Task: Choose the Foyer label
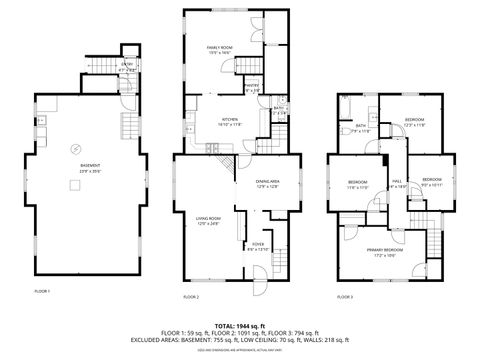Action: click(257, 245)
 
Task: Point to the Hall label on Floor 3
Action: click(396, 183)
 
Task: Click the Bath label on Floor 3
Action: click(361, 128)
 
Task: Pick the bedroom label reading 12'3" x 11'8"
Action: click(414, 122)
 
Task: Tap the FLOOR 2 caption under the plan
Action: click(191, 297)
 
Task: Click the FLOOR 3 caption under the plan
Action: click(344, 297)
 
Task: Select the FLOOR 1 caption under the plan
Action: click(42, 290)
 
